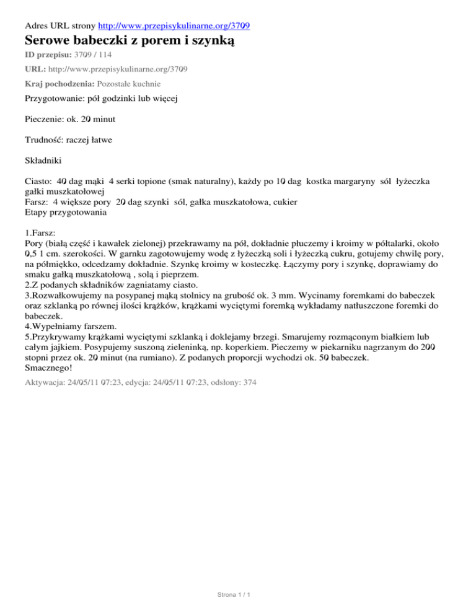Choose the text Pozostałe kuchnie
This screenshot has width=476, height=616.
130,83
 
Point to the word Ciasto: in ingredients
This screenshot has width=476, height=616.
38,183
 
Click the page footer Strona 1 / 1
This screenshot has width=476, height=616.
237,595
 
